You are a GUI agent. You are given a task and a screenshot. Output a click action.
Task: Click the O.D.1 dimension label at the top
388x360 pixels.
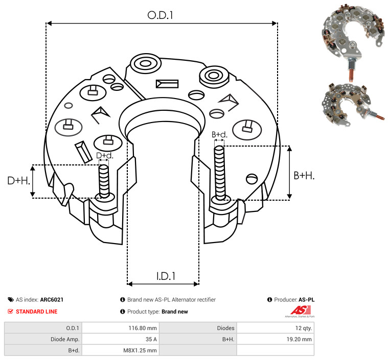click(160, 15)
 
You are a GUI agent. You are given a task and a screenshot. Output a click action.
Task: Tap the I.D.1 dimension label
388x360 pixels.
click(166, 276)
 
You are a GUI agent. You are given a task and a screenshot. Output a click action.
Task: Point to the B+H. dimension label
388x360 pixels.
click(304, 176)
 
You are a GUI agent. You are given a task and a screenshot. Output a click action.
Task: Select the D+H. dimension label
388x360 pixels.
click(19, 181)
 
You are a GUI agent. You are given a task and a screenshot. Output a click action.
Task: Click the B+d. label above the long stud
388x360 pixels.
click(219, 134)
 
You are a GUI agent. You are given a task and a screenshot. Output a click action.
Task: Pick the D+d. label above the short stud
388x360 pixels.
click(105, 156)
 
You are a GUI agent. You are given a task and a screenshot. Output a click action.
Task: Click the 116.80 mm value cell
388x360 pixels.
click(143, 328)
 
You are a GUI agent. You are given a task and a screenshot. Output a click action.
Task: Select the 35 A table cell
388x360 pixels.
click(151, 339)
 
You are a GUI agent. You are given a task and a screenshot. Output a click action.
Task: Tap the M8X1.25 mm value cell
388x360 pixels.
click(140, 350)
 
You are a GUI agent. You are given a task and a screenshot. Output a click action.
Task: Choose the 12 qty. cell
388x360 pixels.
click(304, 328)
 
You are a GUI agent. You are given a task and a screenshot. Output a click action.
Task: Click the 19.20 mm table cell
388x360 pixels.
click(299, 339)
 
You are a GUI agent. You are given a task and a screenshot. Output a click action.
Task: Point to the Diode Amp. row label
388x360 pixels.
click(65, 339)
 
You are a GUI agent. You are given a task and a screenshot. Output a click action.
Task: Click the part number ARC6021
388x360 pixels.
click(52, 300)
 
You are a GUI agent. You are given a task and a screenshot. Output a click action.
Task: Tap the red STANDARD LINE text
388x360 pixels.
click(37, 311)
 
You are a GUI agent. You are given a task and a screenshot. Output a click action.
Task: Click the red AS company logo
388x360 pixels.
click(300, 311)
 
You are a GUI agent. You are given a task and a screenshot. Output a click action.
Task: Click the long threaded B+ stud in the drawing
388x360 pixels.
click(220, 173)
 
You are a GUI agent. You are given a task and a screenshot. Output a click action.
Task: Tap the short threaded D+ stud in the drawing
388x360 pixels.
click(104, 181)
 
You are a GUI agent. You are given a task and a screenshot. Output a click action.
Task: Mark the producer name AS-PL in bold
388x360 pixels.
click(307, 300)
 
